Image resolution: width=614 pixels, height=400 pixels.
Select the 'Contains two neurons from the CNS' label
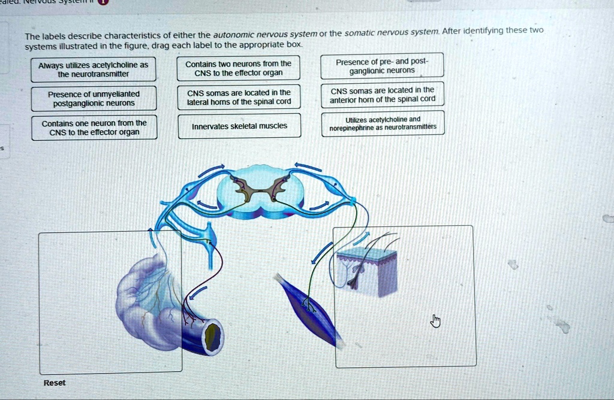coord(238,69)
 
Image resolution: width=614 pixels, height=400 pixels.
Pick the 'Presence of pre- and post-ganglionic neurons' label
coord(382,66)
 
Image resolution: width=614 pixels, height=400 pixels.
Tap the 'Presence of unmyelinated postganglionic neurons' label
coord(94,98)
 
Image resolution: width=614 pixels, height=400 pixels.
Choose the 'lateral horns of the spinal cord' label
coord(239,97)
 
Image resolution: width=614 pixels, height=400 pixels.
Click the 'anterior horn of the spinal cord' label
coord(383,95)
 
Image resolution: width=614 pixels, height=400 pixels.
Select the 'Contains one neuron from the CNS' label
coord(94,128)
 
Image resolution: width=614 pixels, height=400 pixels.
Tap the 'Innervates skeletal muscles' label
coord(239,126)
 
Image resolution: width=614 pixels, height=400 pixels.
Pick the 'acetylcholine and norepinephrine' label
coord(383,123)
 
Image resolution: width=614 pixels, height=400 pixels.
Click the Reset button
coord(55,383)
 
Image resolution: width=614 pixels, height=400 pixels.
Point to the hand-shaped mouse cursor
coord(436,322)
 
